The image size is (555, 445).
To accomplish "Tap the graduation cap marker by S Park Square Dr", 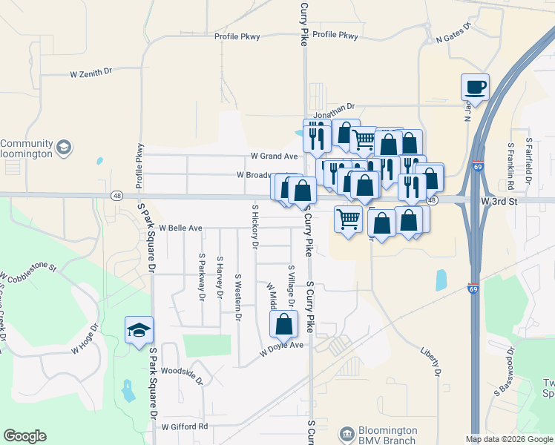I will point(139,330).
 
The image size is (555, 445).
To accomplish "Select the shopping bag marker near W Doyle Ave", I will point(283,324).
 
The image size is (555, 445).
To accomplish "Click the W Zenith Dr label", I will point(91,73).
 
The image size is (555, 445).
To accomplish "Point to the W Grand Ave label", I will point(274,156).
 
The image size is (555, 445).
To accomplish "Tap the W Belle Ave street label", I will point(180,228).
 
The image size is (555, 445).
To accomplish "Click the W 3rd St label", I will point(499,201).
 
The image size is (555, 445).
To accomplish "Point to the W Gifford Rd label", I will point(185,427).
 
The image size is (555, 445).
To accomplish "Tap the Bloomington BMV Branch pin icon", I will point(346,434).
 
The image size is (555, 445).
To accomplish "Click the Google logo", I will point(24,436).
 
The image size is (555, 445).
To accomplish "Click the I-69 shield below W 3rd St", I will point(473,287).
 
